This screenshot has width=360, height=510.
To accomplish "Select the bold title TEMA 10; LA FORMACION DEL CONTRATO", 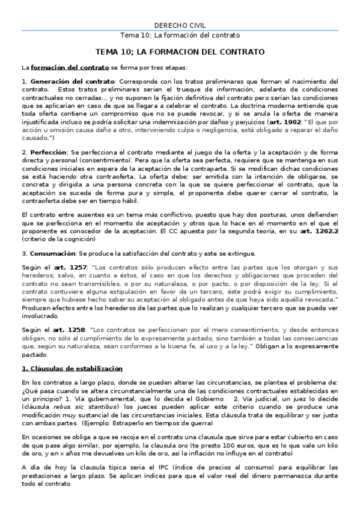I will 180,52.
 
